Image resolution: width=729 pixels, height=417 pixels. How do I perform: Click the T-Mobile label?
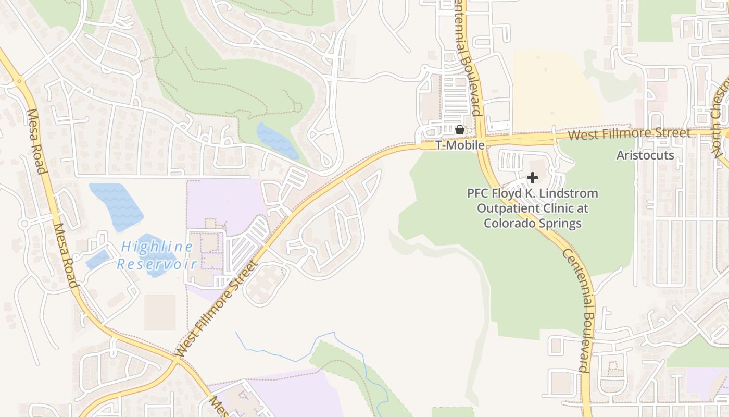(460, 145)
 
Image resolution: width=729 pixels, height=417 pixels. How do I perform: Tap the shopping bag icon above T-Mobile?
(460, 129)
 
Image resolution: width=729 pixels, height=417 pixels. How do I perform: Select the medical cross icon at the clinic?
(532, 178)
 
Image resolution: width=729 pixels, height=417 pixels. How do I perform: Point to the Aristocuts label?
(645, 155)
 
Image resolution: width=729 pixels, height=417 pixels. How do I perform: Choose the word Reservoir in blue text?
(157, 264)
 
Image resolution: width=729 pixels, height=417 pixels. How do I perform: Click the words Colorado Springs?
(532, 223)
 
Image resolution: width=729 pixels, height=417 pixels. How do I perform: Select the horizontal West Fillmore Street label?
(629, 134)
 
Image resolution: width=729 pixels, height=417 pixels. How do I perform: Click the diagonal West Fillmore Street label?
(218, 309)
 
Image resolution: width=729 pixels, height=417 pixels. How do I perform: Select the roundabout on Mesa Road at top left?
(19, 81)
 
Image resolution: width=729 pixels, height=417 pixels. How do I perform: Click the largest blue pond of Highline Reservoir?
(117, 205)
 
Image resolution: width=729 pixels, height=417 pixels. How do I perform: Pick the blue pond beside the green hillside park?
(277, 141)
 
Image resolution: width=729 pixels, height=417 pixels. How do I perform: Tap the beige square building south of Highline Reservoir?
(160, 312)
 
